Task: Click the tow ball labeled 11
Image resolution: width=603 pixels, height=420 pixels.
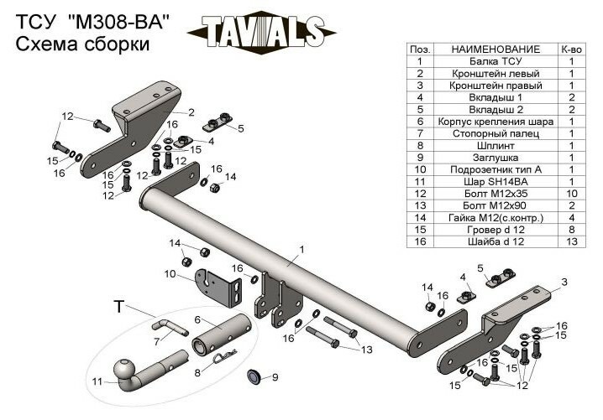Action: (125, 371)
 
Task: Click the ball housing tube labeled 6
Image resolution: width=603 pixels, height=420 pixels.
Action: (222, 336)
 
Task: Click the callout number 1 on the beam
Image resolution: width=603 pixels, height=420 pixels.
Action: (300, 249)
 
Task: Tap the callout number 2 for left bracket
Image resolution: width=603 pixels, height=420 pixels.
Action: (191, 111)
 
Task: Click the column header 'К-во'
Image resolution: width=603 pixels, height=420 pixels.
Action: (571, 49)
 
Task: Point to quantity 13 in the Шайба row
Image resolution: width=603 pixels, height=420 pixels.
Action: (571, 240)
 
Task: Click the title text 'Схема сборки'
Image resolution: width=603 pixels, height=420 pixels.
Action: (82, 45)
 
